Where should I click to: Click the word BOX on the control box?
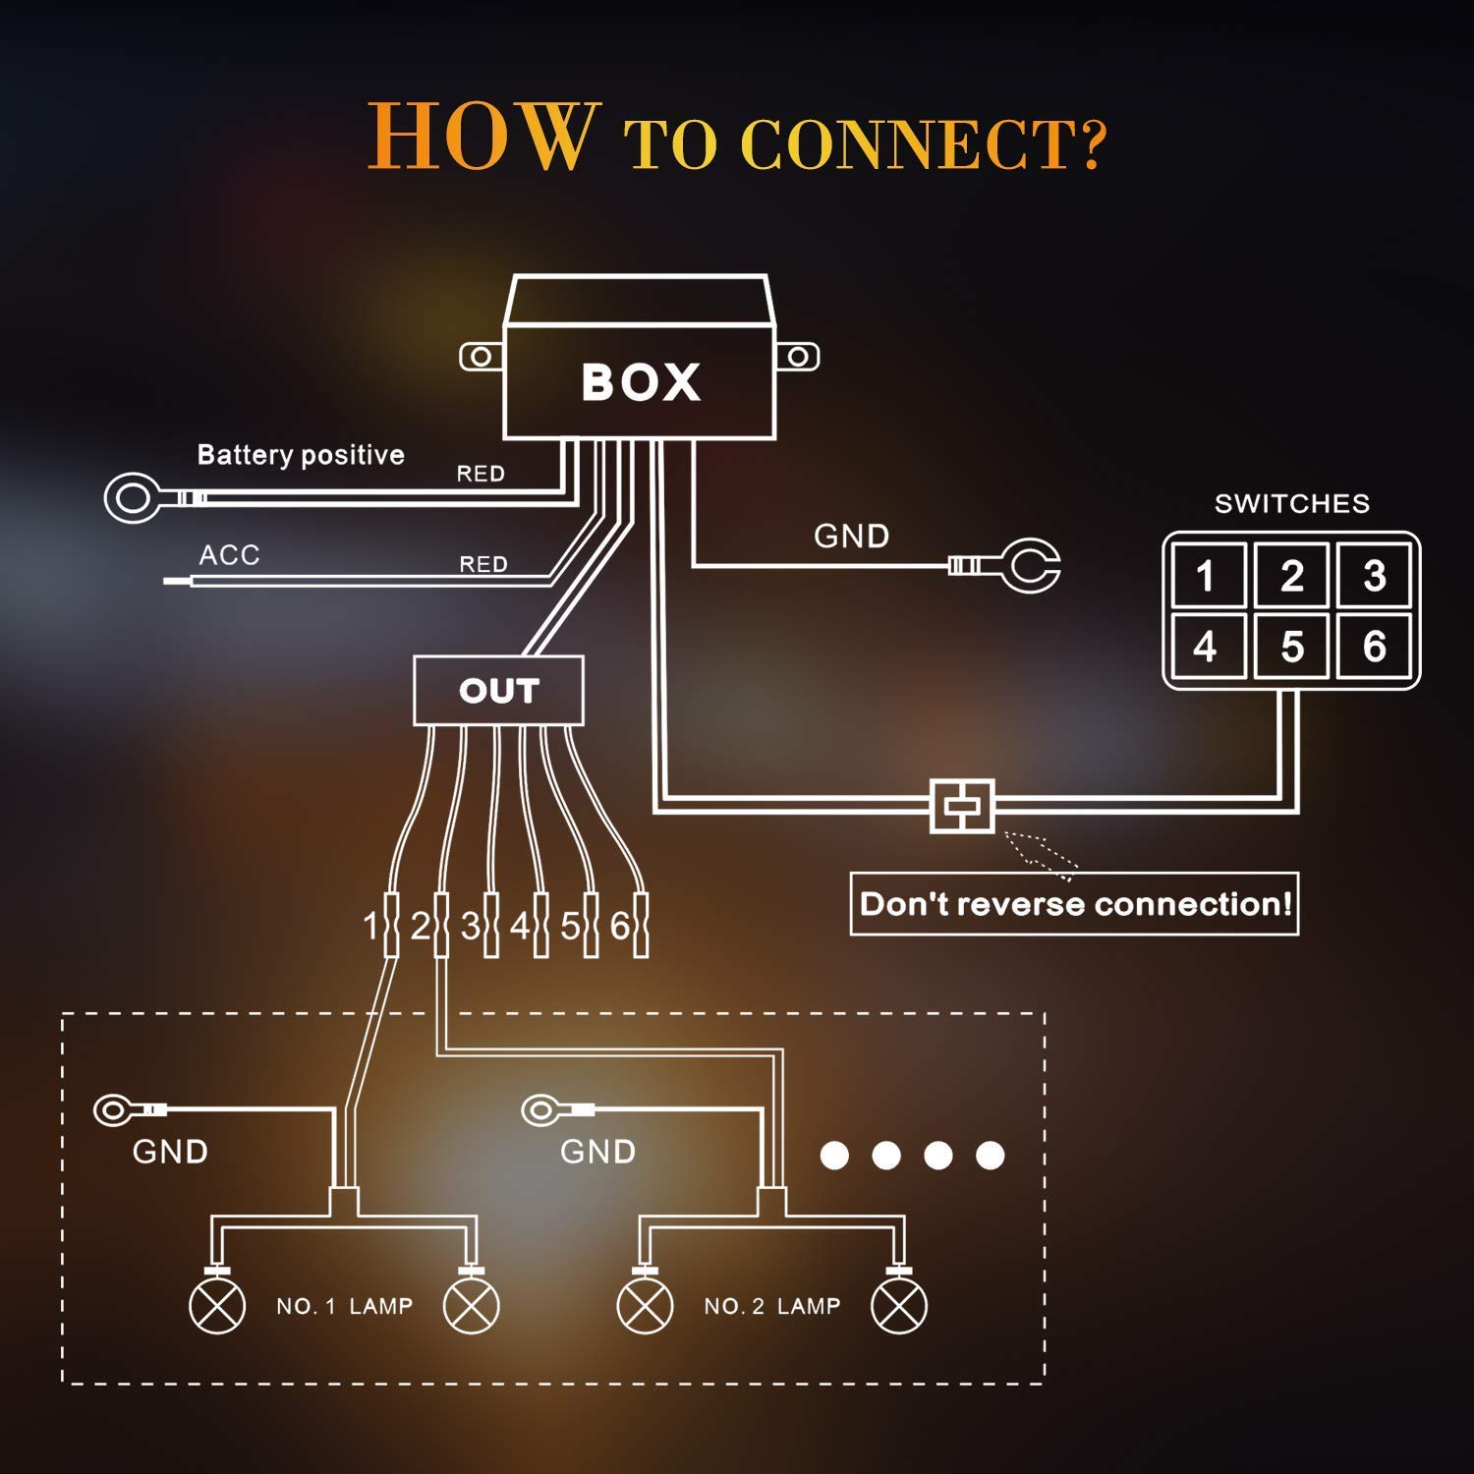pos(641,382)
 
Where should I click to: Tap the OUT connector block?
pos(498,690)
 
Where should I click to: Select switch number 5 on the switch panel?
pos(1292,647)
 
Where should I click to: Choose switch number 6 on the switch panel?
pos(1374,647)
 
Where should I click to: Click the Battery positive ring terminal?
pos(134,497)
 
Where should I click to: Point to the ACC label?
pos(229,555)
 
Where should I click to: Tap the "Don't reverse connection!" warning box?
pos(1074,903)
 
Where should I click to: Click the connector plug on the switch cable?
pos(962,806)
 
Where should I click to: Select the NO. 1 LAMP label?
pos(344,1306)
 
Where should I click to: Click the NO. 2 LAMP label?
pos(772,1306)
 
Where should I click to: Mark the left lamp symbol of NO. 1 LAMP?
pos(217,1306)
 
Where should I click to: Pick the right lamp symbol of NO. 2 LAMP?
pos(899,1306)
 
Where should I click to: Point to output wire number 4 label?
pos(519,926)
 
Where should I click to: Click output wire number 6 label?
pos(620,926)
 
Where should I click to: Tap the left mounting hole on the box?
pos(481,357)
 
